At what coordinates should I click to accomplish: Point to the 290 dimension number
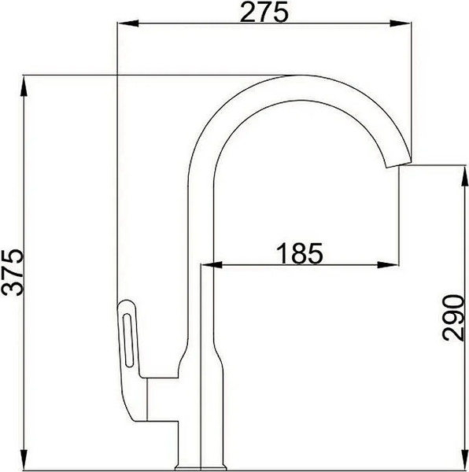[452, 317]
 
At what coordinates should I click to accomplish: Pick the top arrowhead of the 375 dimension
[27, 80]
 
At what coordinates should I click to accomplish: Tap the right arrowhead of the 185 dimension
[393, 265]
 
